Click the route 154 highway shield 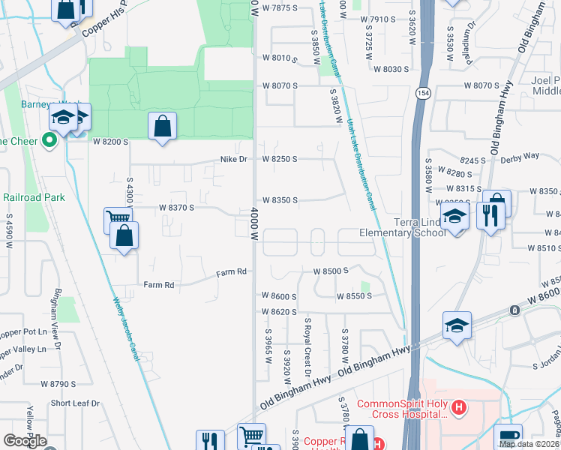(424, 91)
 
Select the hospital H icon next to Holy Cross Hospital (460, 409)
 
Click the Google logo (25, 441)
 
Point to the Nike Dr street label (233, 159)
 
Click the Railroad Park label (34, 197)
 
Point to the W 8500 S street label (331, 271)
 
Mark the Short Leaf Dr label (75, 403)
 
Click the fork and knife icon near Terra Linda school (490, 216)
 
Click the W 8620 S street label (280, 311)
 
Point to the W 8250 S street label (280, 159)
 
